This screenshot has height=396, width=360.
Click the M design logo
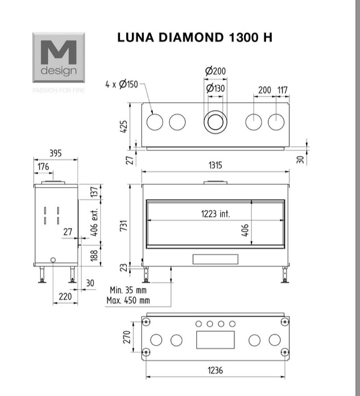[x=59, y=57]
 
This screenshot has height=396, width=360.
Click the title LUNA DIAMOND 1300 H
[x=195, y=37]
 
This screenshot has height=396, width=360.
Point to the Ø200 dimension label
[x=215, y=71]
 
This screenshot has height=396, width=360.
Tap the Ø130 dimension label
[x=215, y=88]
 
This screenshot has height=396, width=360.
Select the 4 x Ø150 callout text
[x=122, y=84]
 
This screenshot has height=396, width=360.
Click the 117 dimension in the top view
[x=282, y=90]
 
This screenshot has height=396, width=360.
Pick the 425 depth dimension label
[x=124, y=127]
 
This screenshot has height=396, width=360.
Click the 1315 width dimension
[x=215, y=165]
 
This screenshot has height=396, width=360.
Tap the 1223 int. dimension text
[x=216, y=214]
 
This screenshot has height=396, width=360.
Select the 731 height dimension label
[x=124, y=226]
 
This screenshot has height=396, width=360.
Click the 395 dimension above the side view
[x=55, y=153]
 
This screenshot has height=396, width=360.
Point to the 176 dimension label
[x=43, y=167]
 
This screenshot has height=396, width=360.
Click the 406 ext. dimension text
[x=94, y=222]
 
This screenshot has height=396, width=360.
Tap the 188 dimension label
[x=94, y=256]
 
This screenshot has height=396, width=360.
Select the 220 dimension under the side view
[x=65, y=296]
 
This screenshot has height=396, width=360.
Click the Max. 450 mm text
[x=128, y=300]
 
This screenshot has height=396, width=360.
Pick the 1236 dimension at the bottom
[x=215, y=370]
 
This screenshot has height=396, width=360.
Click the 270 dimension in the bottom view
[x=127, y=337]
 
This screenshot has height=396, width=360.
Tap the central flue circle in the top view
[x=215, y=110]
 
